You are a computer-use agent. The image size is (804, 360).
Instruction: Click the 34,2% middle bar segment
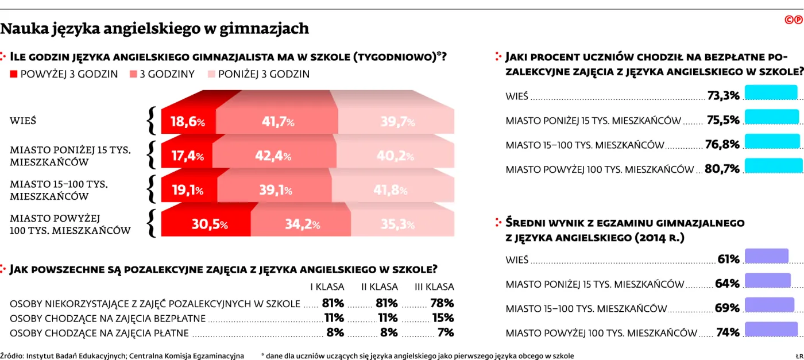pyautogui.click(x=301, y=224)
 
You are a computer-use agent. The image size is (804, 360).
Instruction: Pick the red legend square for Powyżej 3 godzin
pyautogui.click(x=14, y=74)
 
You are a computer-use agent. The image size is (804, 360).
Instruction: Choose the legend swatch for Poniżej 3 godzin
pyautogui.click(x=211, y=74)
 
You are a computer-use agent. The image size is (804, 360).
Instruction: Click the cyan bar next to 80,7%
pyautogui.click(x=774, y=166)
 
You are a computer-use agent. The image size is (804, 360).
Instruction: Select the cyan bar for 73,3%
pyautogui.click(x=771, y=93)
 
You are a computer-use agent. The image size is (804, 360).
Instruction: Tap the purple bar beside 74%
pyautogui.click(x=771, y=330)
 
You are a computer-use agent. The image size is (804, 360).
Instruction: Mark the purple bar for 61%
pyautogui.click(x=766, y=257)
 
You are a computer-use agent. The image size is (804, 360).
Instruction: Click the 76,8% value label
pyautogui.click(x=722, y=145)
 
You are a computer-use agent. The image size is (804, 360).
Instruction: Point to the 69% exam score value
pyautogui.click(x=727, y=308)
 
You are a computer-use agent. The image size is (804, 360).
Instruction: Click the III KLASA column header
pyautogui.click(x=434, y=287)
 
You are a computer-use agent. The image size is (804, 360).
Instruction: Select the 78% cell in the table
pyautogui.click(x=442, y=303)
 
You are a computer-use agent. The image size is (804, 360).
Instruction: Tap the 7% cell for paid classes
pyautogui.click(x=445, y=332)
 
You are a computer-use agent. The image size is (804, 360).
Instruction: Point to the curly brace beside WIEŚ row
pyautogui.click(x=152, y=121)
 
